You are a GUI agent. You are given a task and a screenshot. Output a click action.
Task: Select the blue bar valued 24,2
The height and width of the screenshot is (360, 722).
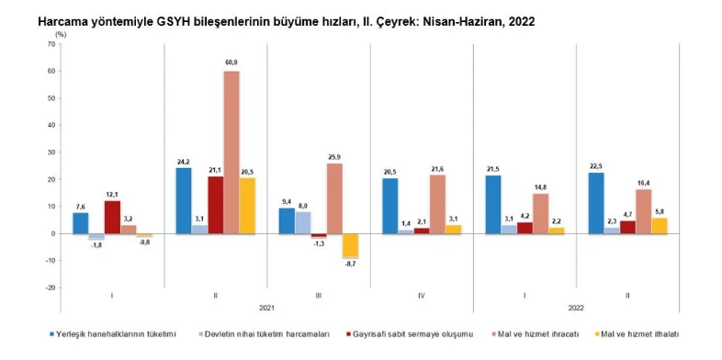pos(184,200)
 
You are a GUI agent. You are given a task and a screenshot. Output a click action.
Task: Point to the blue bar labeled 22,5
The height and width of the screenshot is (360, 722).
pos(595,203)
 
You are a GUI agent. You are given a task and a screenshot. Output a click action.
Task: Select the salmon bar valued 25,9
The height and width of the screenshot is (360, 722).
pos(333,198)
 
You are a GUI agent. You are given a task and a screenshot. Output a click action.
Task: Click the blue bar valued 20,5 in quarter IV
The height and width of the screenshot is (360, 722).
pos(389,206)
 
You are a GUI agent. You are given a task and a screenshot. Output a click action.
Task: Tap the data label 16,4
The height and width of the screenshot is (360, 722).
pos(642,182)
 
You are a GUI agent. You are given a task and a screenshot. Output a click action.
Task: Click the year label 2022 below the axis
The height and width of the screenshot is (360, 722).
pos(576,309)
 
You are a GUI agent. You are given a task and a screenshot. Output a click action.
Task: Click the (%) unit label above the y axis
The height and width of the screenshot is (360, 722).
pos(60,33)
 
